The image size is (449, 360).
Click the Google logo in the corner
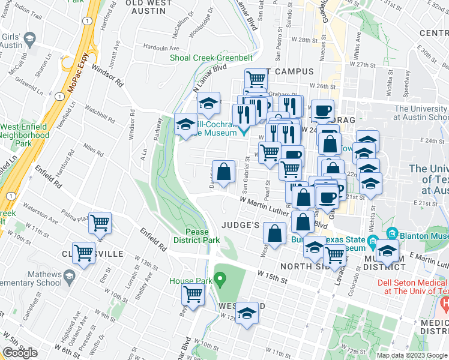(21, 353)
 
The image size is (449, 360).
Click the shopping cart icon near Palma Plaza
(100, 223)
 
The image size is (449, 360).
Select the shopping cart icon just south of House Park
(193, 294)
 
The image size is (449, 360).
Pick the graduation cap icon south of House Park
(247, 313)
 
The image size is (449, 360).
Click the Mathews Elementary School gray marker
(69, 277)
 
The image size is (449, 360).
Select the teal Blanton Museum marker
(393, 233)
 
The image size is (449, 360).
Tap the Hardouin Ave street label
(162, 48)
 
